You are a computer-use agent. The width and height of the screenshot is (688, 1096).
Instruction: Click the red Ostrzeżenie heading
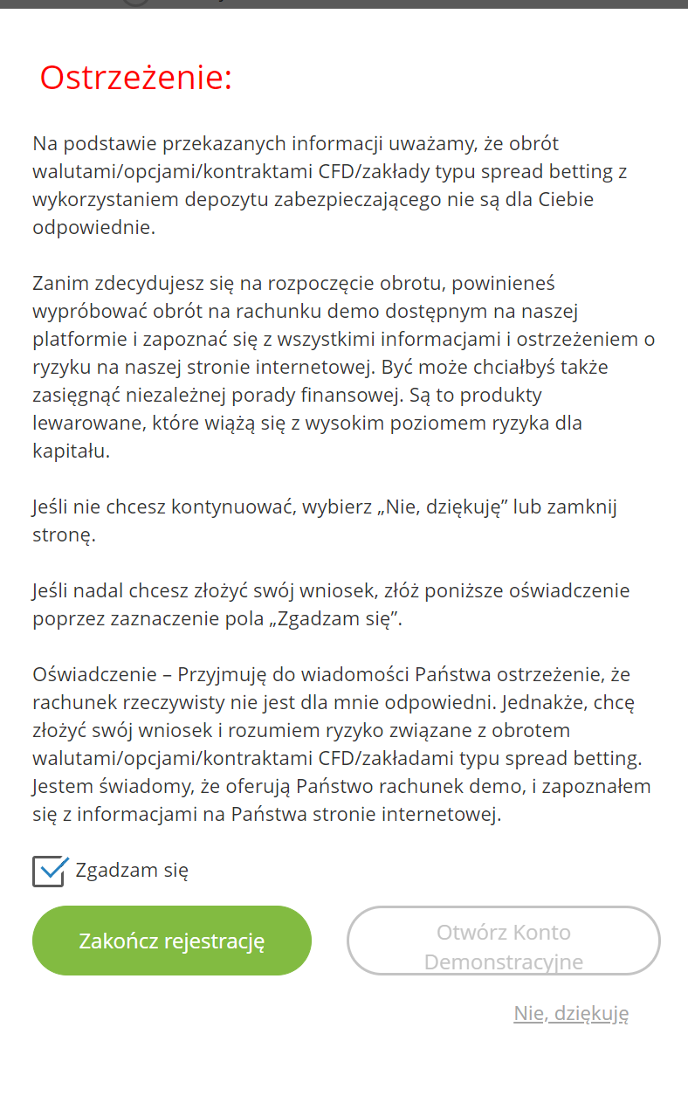(x=135, y=79)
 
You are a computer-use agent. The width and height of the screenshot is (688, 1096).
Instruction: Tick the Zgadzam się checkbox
(x=49, y=871)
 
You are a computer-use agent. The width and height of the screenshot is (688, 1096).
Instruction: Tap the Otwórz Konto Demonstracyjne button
(x=504, y=947)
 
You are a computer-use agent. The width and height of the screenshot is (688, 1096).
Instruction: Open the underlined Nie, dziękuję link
(x=571, y=1013)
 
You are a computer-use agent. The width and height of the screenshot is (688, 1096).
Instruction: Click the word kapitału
(x=71, y=451)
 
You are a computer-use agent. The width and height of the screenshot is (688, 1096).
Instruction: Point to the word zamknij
(x=587, y=507)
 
